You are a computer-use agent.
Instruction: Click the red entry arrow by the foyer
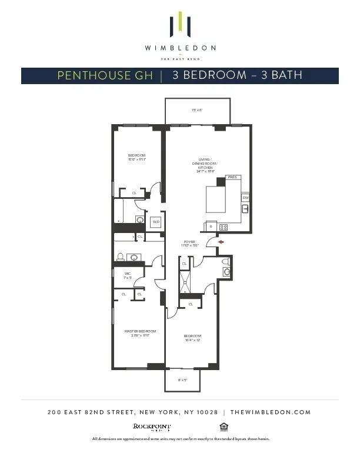221,241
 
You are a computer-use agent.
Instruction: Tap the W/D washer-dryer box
156,222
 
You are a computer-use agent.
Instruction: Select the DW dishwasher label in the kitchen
245,198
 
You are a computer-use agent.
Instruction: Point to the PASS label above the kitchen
232,177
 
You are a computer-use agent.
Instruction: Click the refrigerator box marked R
211,227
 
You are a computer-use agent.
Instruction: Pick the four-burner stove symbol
224,227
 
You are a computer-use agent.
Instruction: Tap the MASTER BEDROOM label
140,333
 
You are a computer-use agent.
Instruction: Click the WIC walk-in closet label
127,275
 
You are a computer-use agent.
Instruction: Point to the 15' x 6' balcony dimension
196,110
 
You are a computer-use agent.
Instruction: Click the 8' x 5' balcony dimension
184,380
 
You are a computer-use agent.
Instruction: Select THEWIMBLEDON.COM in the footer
271,412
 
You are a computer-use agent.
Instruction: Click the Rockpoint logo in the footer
152,427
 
